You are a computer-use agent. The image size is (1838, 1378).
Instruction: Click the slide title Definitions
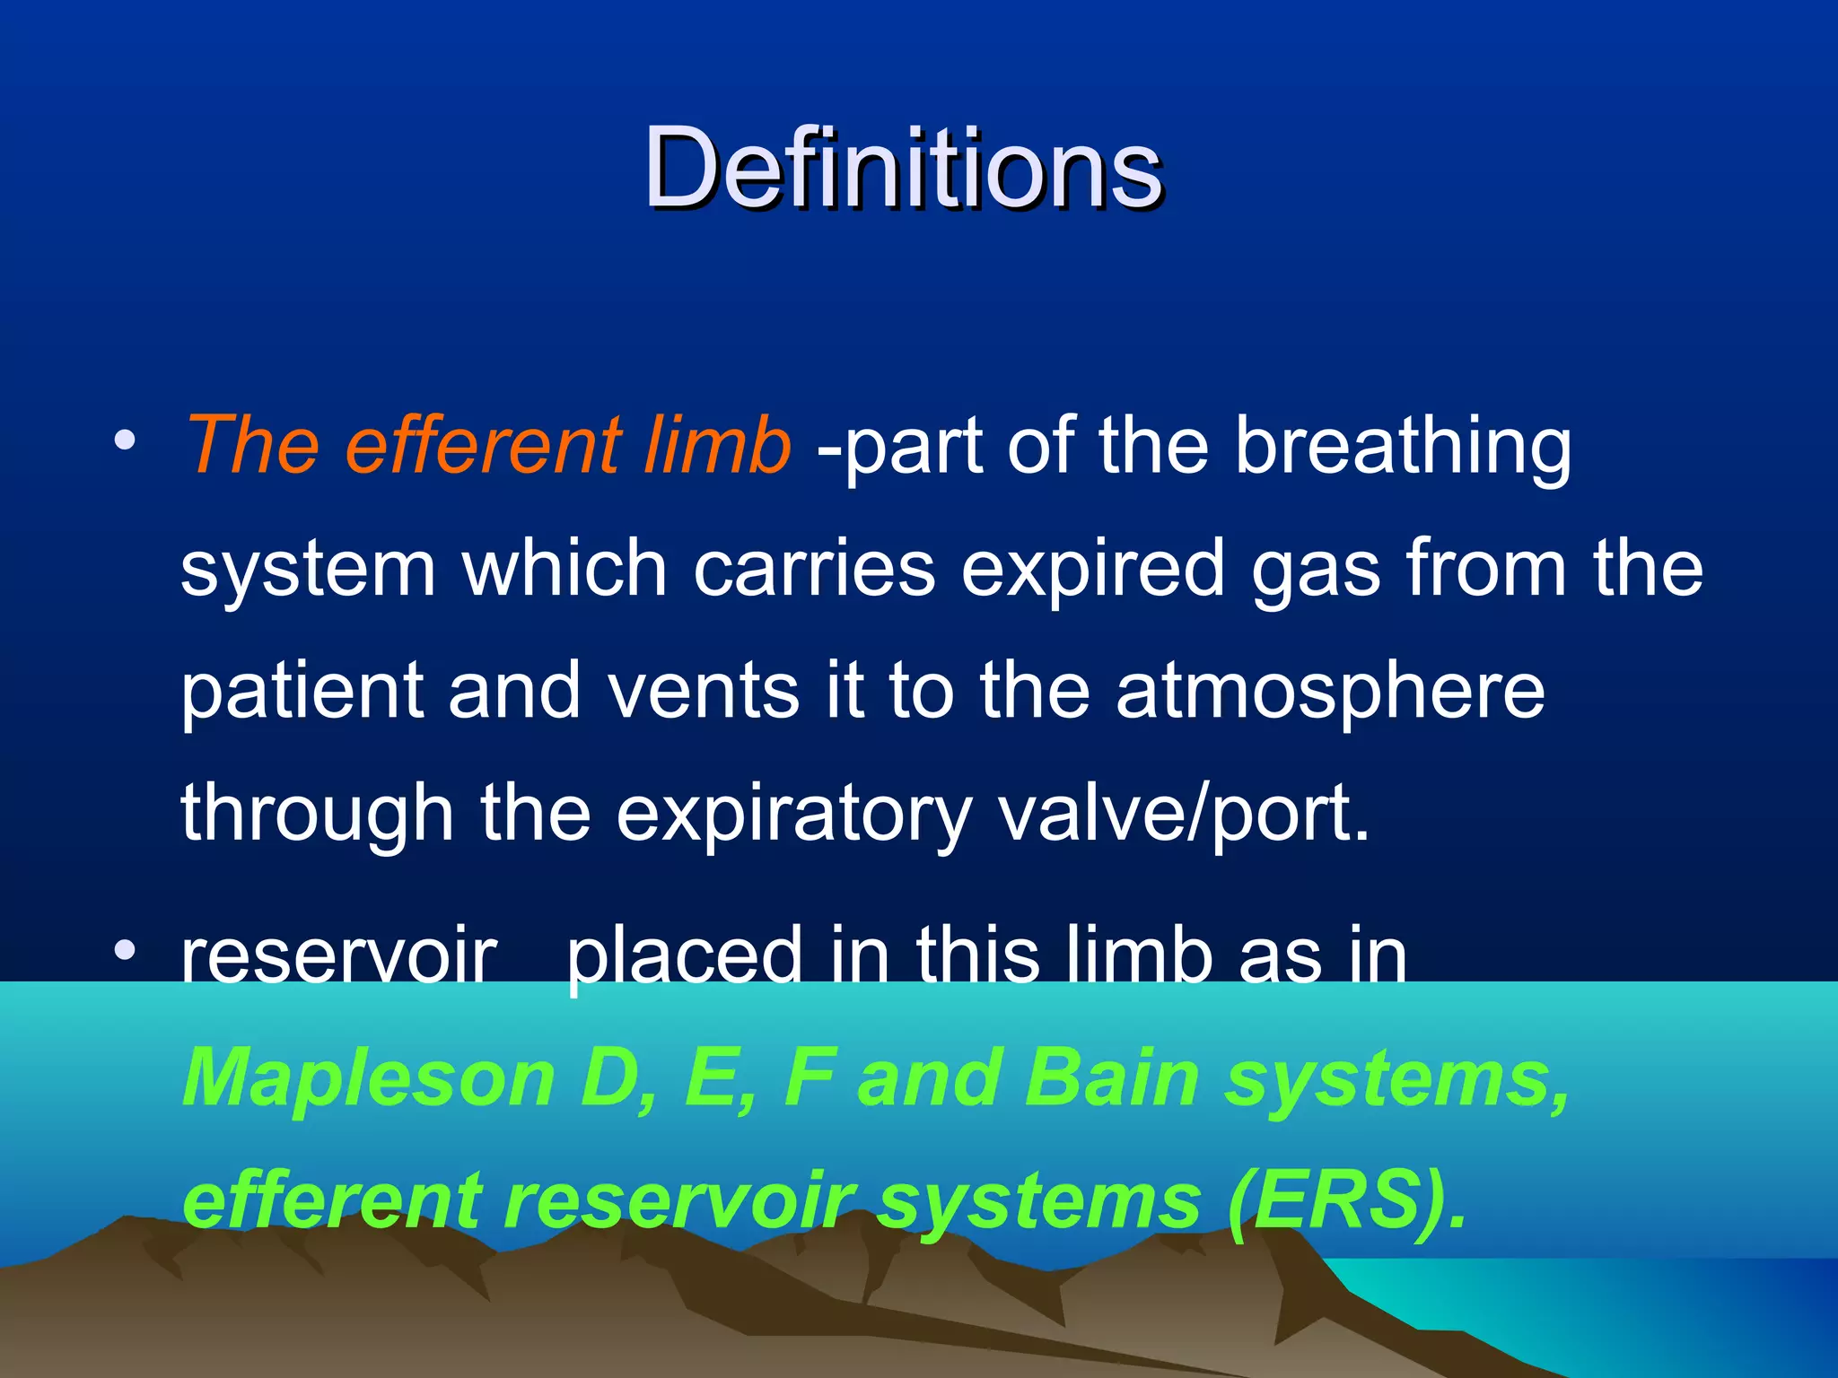[903, 168]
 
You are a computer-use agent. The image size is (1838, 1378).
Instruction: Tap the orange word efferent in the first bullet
[482, 445]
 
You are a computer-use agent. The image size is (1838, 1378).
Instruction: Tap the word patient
[302, 693]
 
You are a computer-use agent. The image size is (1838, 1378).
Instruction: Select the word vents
[703, 693]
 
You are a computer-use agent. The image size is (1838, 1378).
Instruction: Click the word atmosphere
[1330, 693]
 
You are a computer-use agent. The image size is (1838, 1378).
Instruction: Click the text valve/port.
[1185, 815]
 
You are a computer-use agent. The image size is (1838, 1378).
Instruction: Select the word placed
[684, 958]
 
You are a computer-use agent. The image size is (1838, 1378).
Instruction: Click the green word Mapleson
[369, 1080]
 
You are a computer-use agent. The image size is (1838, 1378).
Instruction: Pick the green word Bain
[1111, 1078]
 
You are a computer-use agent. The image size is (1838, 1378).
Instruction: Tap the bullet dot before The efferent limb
[125, 440]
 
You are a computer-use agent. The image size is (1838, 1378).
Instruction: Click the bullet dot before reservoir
[125, 950]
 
